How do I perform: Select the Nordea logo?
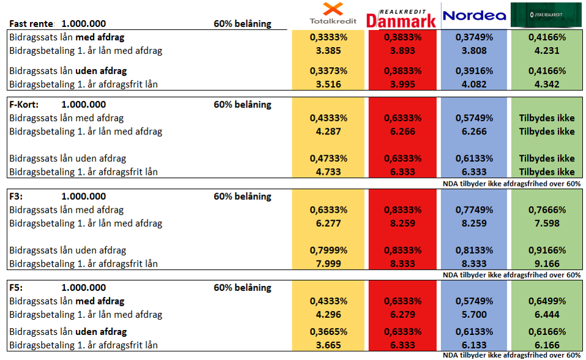coord(474,15)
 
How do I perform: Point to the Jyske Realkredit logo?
coord(546,15)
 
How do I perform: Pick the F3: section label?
coord(17,196)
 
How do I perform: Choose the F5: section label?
coord(17,288)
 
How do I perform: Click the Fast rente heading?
coord(32,24)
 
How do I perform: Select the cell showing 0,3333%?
coord(328,37)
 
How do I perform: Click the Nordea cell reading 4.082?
coord(474,84)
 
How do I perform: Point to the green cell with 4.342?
coord(546,84)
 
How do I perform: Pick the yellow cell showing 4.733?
coord(328,172)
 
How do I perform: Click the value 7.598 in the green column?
coord(546,223)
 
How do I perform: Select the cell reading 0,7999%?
coord(328,250)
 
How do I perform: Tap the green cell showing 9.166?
coord(546,263)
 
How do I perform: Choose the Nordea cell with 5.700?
coord(474,315)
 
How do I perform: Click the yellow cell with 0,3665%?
coord(328,332)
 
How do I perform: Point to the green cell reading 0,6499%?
coord(546,301)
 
